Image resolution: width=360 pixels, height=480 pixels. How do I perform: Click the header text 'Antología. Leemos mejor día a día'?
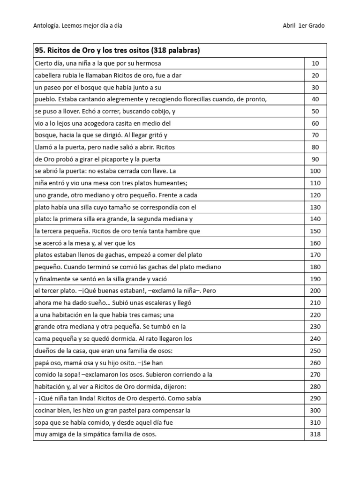[x=78, y=26]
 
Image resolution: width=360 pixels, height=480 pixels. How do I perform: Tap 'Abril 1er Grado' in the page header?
[x=304, y=26]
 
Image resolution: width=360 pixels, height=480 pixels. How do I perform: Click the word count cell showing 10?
[x=315, y=63]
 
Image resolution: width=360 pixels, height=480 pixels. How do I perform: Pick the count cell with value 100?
[x=315, y=171]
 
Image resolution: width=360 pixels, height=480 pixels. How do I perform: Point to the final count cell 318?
[x=315, y=434]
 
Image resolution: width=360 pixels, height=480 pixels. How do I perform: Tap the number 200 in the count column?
[x=315, y=291]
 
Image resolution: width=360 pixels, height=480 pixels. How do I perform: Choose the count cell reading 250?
[x=315, y=351]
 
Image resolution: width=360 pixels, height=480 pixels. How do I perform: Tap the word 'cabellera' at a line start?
[x=49, y=75]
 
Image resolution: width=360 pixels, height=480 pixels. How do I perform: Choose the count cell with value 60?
[x=315, y=123]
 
